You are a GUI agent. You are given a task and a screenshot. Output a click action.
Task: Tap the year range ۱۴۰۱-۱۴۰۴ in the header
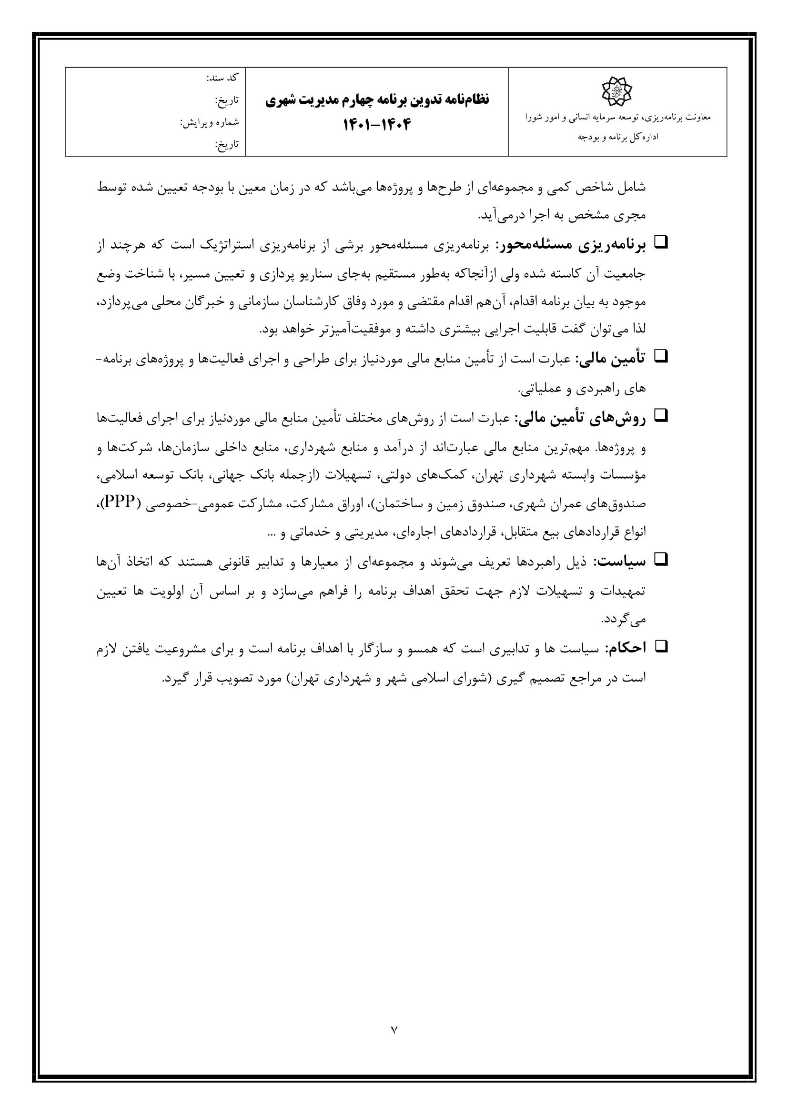pos(377,125)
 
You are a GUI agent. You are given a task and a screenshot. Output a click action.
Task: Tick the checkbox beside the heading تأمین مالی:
pos(662,358)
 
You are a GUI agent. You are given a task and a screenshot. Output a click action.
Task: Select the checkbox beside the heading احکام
pos(662,646)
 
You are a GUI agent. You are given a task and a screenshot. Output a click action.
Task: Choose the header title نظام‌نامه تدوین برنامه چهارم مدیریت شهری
pos(377,100)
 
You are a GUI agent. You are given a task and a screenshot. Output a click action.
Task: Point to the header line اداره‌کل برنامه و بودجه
pos(617,137)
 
